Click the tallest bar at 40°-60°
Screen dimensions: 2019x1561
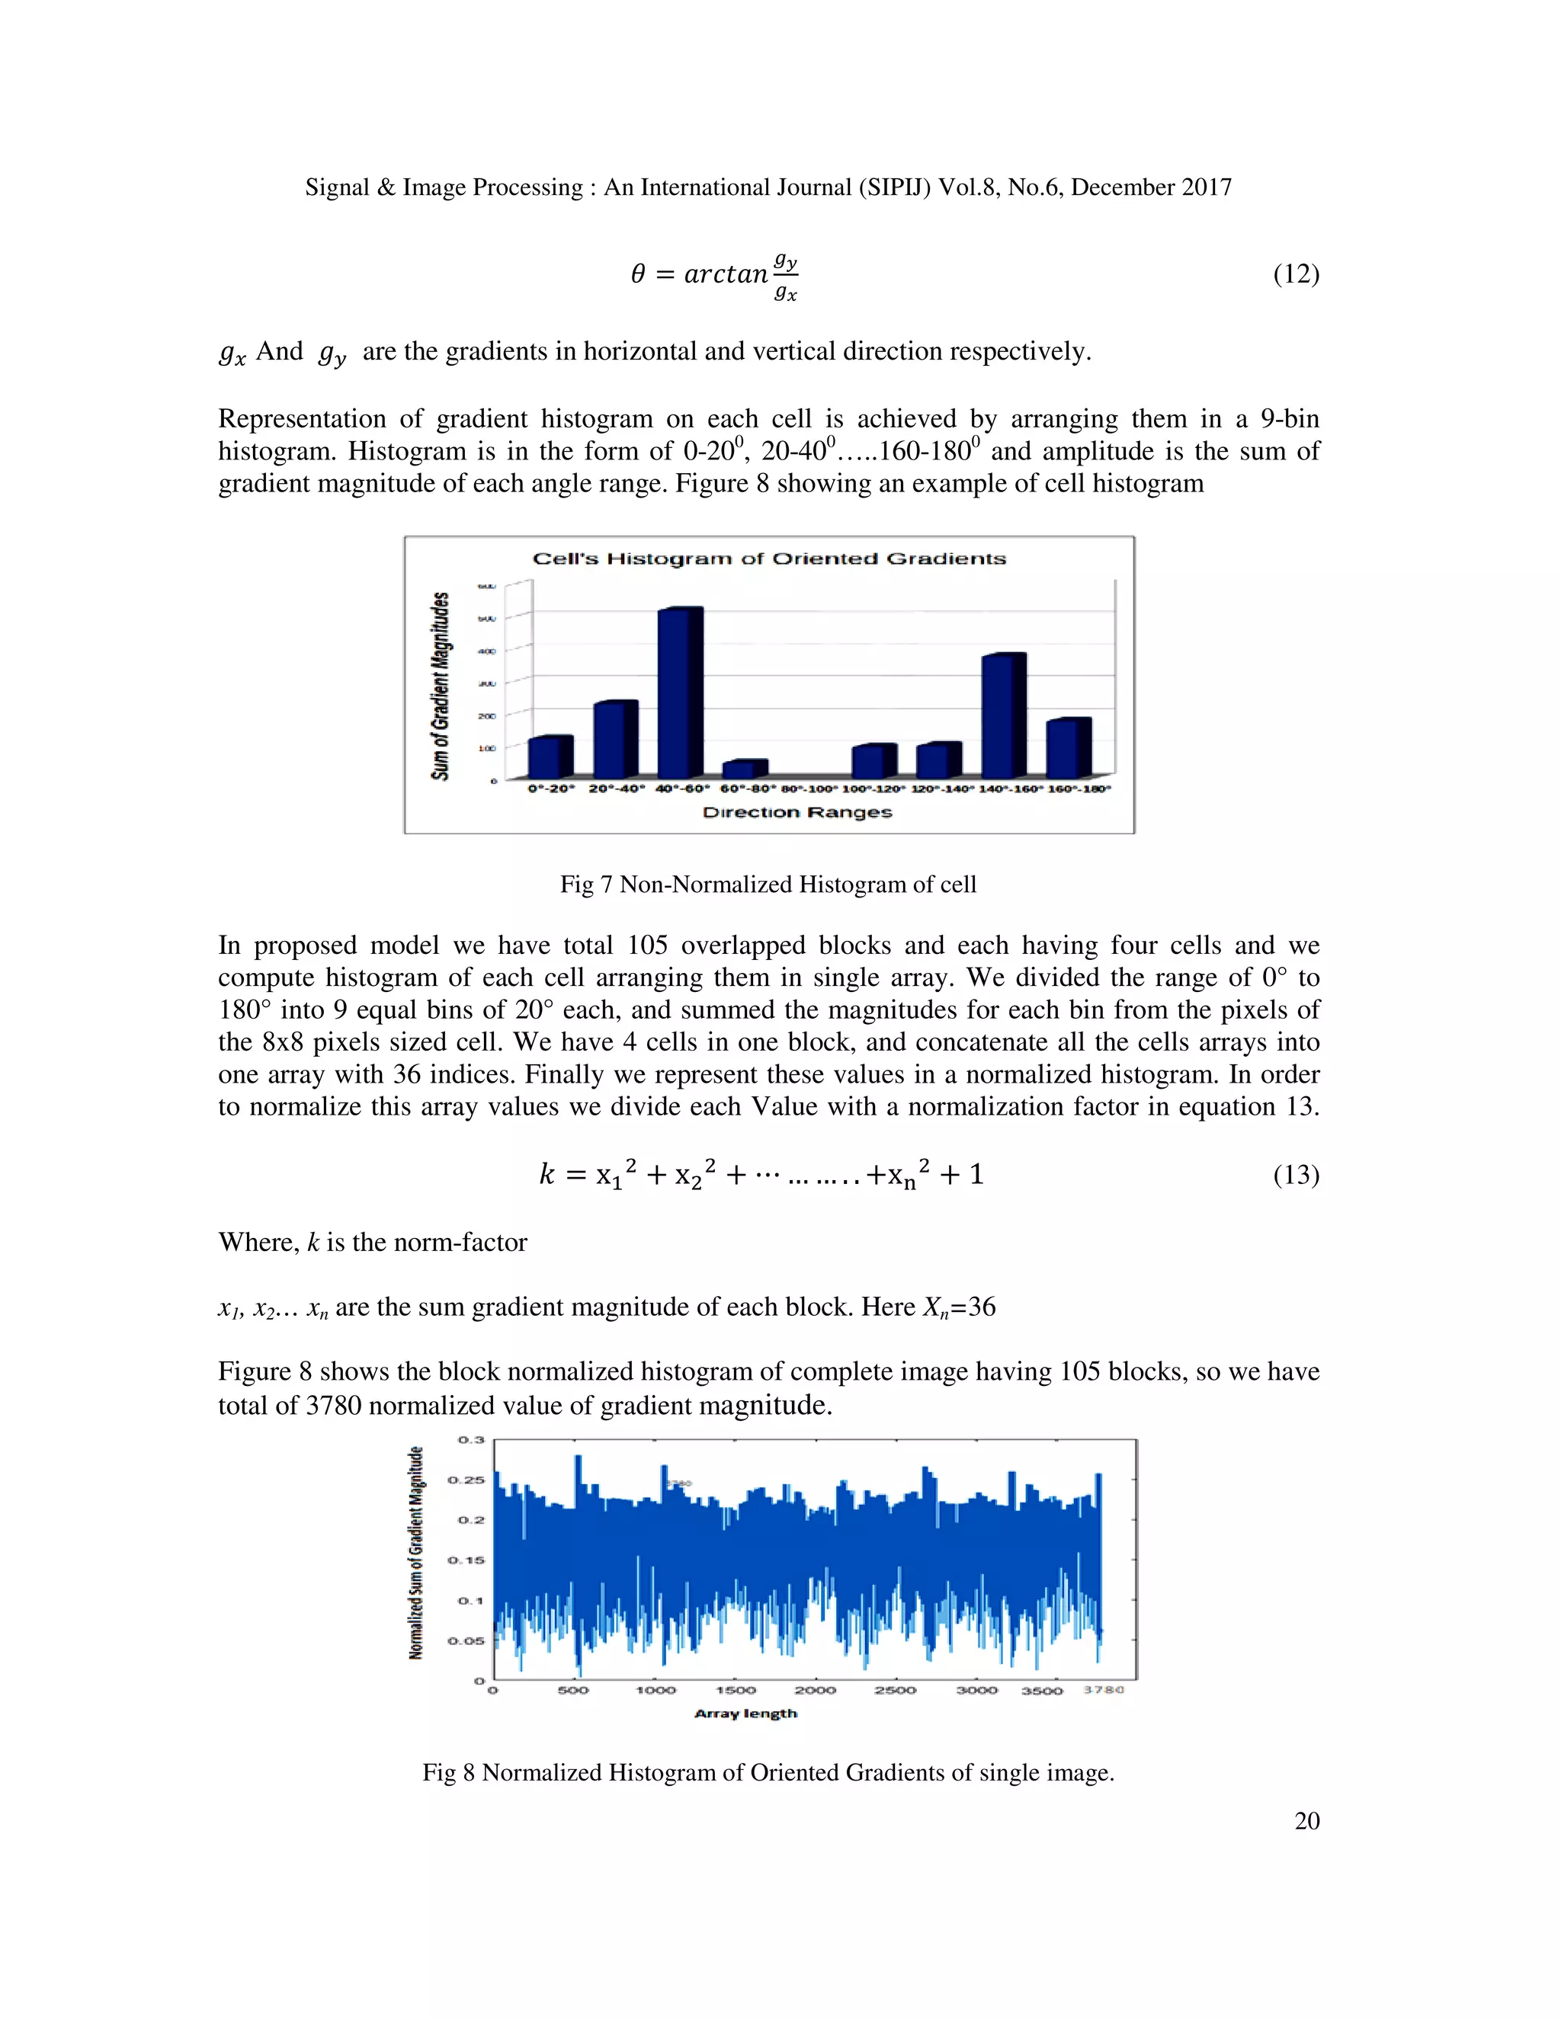click(x=680, y=693)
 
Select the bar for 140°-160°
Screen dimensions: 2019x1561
click(x=1003, y=715)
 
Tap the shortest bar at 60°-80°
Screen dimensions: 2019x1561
click(x=745, y=770)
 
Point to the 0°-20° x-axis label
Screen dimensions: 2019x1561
click(x=551, y=789)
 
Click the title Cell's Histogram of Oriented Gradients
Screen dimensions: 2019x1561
click(x=768, y=558)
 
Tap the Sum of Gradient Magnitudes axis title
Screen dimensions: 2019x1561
click(x=441, y=686)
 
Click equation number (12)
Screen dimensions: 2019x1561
click(x=1296, y=274)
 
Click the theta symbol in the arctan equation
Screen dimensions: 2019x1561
click(x=638, y=274)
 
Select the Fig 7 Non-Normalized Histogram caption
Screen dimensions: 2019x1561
click(x=768, y=885)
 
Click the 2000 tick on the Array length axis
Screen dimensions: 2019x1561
click(x=816, y=1690)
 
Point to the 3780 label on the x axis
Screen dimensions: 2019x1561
click(x=1103, y=1690)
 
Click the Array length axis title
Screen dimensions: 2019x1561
click(x=745, y=1714)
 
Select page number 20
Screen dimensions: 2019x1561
click(x=1306, y=1821)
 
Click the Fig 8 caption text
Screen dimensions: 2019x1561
click(x=768, y=1773)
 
